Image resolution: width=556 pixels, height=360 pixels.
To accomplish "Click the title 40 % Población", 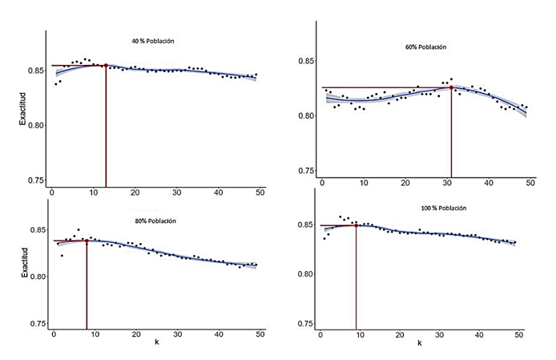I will coord(153,40).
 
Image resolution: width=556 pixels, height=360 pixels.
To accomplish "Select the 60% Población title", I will coord(425,47).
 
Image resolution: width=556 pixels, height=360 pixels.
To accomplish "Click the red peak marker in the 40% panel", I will coord(106,66).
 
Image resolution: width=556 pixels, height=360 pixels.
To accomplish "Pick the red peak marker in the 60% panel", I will coord(451,87).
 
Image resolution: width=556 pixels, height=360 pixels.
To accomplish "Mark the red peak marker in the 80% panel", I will coord(87,241).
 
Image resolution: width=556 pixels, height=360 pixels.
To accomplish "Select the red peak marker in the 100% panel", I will coord(356,225).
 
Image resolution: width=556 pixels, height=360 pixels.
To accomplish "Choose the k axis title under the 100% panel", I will coord(420,342).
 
